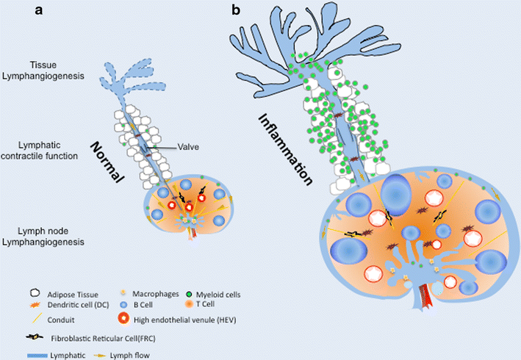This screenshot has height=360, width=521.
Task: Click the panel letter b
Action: tap(236, 10)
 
